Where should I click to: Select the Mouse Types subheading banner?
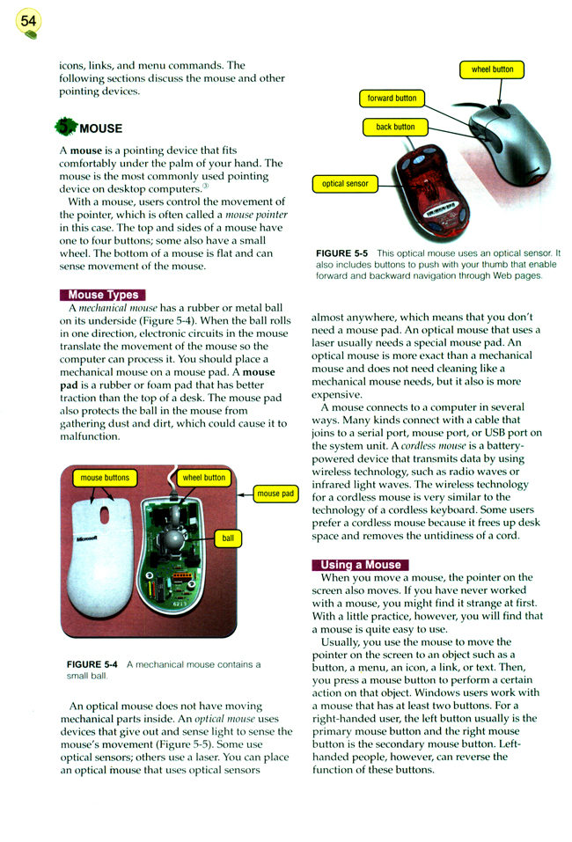(x=102, y=295)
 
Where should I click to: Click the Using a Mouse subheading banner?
(x=360, y=565)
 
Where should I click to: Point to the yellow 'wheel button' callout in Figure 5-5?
(x=492, y=70)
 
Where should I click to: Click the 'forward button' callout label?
(x=392, y=99)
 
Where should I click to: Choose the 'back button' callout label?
(x=395, y=128)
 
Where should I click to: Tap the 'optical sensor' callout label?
(x=345, y=184)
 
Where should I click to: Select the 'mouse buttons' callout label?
(x=105, y=479)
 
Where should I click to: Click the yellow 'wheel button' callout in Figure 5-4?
(x=203, y=479)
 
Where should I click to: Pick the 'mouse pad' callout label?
(x=275, y=494)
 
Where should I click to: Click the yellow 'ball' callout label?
(x=228, y=538)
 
